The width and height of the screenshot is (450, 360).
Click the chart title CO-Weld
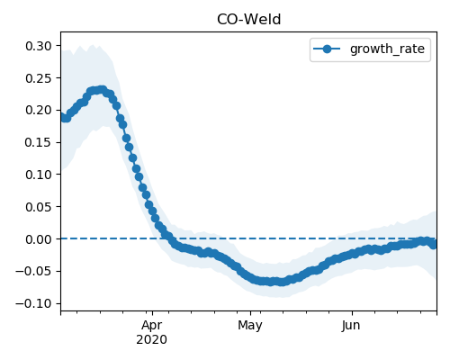[248, 20]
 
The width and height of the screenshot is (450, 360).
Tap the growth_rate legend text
[387, 49]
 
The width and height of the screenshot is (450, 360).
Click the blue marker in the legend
[327, 49]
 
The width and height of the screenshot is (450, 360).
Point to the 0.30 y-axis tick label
[39, 46]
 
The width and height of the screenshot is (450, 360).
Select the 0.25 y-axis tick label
[39, 78]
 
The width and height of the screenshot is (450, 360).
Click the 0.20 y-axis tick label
[39, 111]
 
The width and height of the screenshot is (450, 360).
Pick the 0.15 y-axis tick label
[39, 142]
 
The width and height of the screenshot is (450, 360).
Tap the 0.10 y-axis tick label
[39, 175]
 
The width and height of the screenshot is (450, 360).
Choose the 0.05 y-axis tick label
[39, 207]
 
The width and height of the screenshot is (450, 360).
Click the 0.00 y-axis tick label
[39, 239]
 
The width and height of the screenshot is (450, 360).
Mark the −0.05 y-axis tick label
[34, 272]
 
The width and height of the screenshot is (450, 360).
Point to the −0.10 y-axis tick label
[34, 303]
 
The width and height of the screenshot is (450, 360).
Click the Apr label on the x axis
[152, 326]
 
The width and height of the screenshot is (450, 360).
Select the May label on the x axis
[250, 326]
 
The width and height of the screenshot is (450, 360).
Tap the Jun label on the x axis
[351, 326]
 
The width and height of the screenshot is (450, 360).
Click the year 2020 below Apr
[151, 340]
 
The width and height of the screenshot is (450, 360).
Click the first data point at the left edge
[62, 117]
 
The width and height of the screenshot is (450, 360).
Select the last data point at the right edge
[434, 245]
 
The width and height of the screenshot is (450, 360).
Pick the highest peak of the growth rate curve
[103, 90]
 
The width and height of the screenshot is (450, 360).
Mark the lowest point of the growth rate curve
[281, 282]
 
